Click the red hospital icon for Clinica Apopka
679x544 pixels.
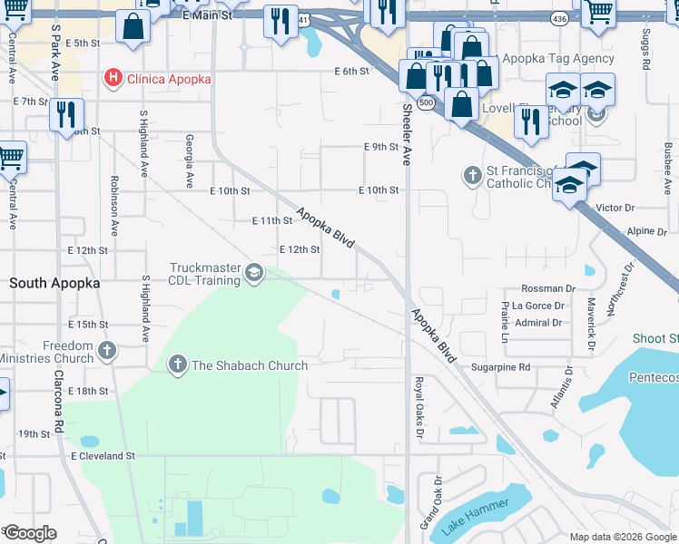pyautogui.click(x=113, y=79)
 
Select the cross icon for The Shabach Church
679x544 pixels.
pyautogui.click(x=177, y=365)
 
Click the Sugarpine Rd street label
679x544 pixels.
pyautogui.click(x=500, y=367)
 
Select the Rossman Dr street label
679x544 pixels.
pyautogui.click(x=549, y=288)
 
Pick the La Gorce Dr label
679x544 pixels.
pyautogui.click(x=537, y=306)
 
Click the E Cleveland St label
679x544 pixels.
pyautogui.click(x=103, y=456)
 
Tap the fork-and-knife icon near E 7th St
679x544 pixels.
pyautogui.click(x=66, y=114)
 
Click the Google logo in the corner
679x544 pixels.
pyautogui.click(x=30, y=533)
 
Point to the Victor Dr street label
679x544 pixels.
pyautogui.click(x=615, y=208)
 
